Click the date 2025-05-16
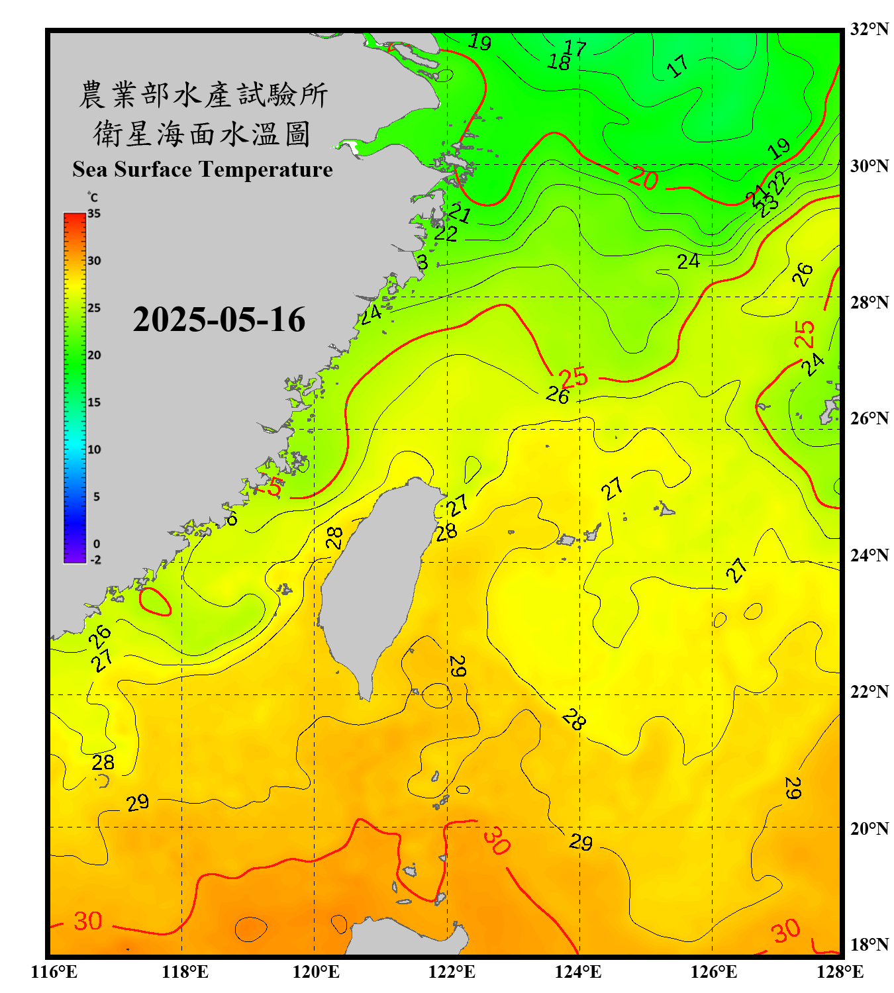coord(219,320)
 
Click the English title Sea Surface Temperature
coord(203,169)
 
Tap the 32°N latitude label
coord(869,29)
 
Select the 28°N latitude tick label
coord(869,303)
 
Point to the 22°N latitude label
coord(869,692)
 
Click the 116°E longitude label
coord(54,972)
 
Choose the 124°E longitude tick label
coord(578,972)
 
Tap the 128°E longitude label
coord(840,972)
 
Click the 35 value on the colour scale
coord(94,214)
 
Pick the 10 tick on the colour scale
coord(94,449)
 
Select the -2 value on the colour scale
coord(95,560)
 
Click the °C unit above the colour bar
coord(93,197)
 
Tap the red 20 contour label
coord(642,179)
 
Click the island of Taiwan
coord(374,583)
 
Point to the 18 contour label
coord(559,62)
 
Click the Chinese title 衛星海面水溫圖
coord(202,134)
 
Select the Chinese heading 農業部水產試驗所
coord(203,95)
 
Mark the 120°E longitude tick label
coord(316,972)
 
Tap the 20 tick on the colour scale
coord(94,355)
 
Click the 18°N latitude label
coord(869,945)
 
